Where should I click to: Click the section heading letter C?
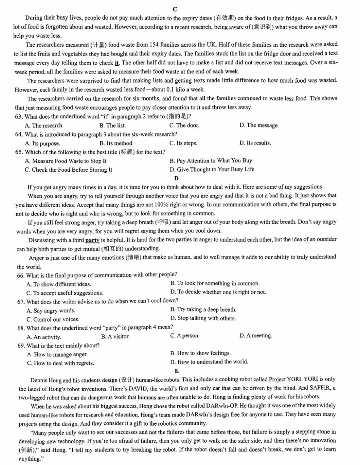click(175, 9)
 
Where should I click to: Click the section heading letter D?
click(176, 178)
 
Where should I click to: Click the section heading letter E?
click(176, 370)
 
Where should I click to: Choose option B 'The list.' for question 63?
click(113, 125)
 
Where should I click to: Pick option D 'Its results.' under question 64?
click(255, 143)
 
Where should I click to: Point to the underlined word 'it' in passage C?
click(117, 63)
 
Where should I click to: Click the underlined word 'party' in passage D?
click(92, 240)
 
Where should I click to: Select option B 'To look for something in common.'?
click(215, 283)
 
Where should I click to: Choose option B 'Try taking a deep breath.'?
click(203, 310)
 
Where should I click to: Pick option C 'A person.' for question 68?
click(185, 336)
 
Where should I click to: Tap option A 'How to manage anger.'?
click(57, 355)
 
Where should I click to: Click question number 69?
click(21, 345)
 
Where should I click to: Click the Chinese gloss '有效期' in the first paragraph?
click(225, 18)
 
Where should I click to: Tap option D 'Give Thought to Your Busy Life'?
click(212, 169)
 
